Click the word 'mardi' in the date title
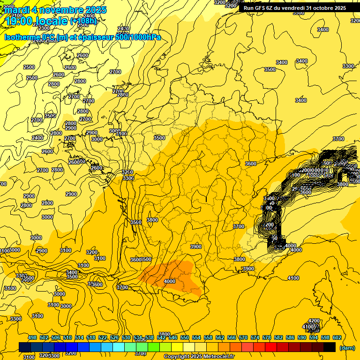(16, 10)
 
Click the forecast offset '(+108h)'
(83, 21)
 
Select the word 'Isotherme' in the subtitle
(22, 37)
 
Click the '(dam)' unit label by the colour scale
(347, 348)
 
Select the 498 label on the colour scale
(32, 337)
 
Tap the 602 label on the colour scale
(337, 337)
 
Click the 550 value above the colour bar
(184, 337)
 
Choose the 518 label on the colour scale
(91, 337)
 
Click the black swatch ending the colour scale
(330, 347)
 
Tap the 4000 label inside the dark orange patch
(170, 281)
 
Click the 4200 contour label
(314, 321)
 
